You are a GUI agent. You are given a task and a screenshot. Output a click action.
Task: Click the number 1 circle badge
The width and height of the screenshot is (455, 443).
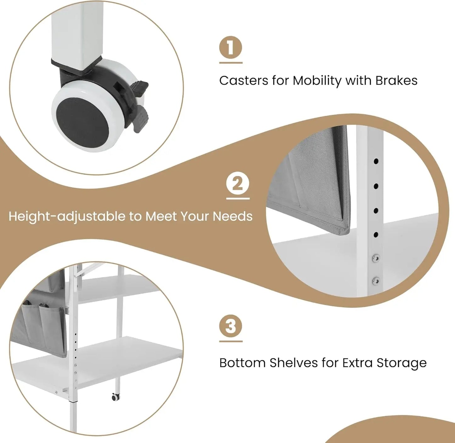tap(230, 47)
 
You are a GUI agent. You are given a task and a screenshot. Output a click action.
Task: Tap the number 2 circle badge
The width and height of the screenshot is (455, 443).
tap(238, 183)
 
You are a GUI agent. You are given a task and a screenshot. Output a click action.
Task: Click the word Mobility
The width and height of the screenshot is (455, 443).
tap(317, 81)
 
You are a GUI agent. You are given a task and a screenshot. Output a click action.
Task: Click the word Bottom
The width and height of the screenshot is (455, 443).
tap(242, 363)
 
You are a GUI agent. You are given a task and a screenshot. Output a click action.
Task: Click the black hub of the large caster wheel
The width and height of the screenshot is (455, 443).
tap(82, 123)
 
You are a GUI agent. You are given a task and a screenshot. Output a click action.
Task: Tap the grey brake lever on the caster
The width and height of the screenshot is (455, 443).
tap(141, 119)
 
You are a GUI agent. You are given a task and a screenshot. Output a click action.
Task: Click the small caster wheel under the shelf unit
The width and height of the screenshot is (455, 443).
tap(116, 397)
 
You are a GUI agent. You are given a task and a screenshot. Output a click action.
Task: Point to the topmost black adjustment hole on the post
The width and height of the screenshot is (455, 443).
tap(376, 161)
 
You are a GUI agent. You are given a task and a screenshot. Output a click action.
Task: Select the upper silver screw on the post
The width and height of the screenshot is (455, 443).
tap(376, 258)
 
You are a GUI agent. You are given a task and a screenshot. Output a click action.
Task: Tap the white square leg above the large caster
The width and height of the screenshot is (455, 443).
tap(77, 32)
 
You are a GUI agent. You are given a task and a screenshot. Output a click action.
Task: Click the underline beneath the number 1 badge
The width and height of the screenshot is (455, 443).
tap(230, 63)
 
